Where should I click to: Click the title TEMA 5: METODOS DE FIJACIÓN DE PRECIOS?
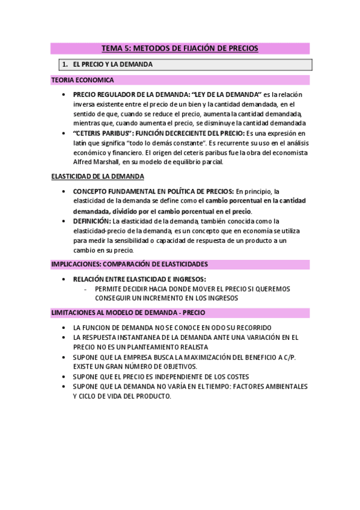coord(180,48)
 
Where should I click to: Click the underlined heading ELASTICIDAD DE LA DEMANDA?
coord(97,176)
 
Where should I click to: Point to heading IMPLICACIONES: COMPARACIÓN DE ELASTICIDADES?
coord(129,264)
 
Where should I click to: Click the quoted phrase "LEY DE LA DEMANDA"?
coord(226,95)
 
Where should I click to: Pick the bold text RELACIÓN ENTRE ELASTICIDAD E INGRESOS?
coord(139,279)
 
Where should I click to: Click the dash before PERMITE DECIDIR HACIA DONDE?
coord(86,289)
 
